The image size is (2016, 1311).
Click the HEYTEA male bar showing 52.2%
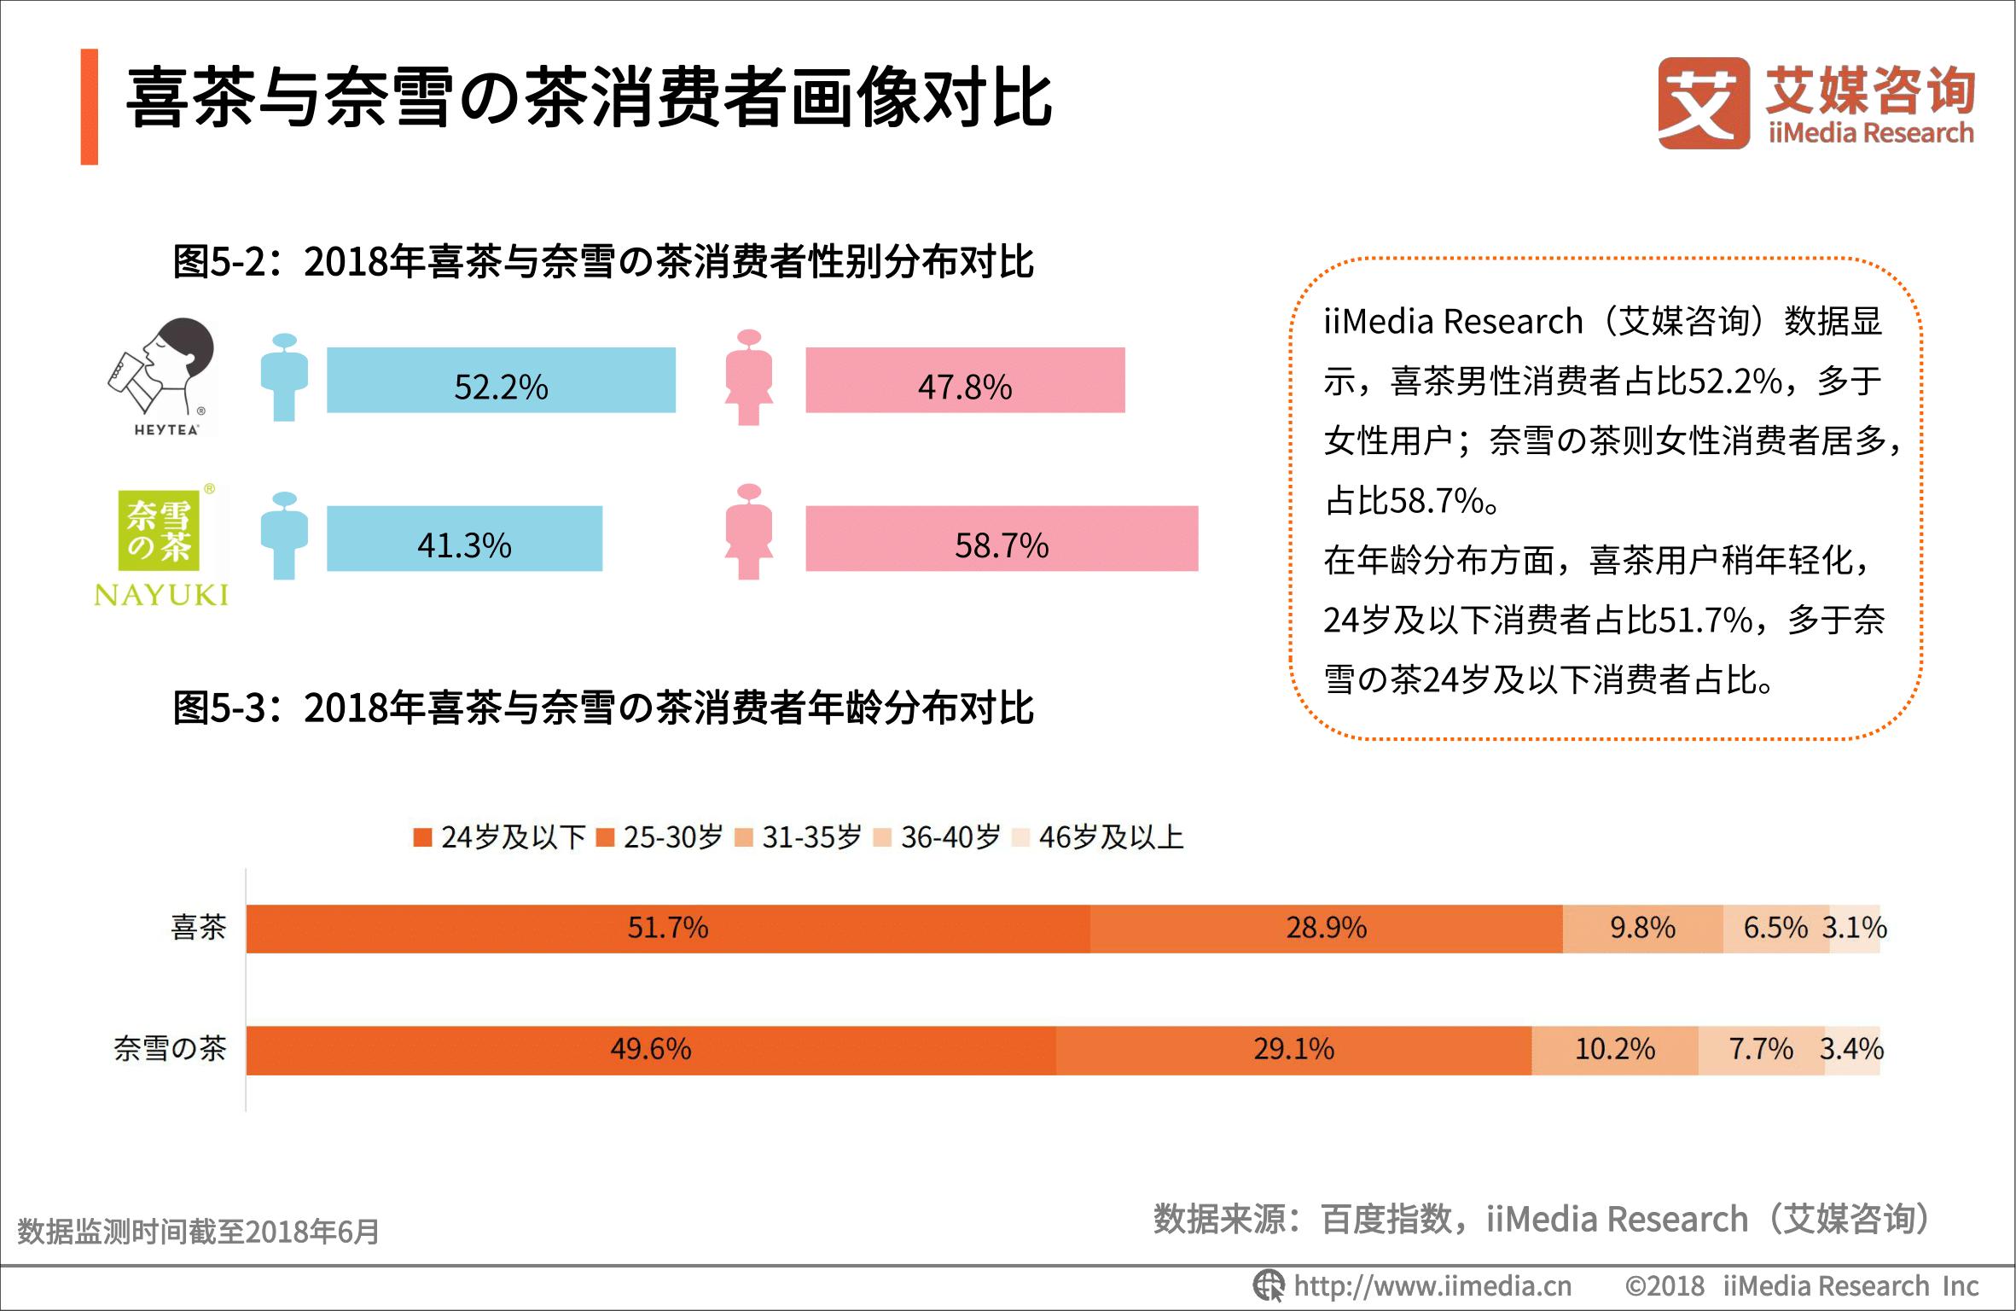[501, 381]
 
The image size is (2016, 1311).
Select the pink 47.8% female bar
[965, 381]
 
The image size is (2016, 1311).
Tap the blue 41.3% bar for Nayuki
[464, 539]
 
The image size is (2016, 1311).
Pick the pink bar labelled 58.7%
[1002, 539]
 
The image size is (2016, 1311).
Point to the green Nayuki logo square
[159, 531]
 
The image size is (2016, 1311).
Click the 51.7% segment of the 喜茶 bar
[667, 929]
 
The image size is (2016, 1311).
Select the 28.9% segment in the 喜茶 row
[1326, 929]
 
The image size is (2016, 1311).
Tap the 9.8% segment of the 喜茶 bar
[1642, 929]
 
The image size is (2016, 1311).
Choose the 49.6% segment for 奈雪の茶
[650, 1050]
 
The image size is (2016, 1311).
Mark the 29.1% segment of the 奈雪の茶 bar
[1293, 1050]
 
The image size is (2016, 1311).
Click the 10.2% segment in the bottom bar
[1614, 1050]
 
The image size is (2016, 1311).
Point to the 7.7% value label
[1761, 1049]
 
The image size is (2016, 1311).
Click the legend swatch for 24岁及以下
[422, 837]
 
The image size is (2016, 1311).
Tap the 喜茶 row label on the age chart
[198, 928]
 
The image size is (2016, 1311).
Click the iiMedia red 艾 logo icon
[1703, 103]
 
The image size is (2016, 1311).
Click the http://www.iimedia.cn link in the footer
[1432, 1285]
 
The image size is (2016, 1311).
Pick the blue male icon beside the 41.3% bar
[284, 536]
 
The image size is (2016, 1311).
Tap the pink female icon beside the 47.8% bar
[749, 377]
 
